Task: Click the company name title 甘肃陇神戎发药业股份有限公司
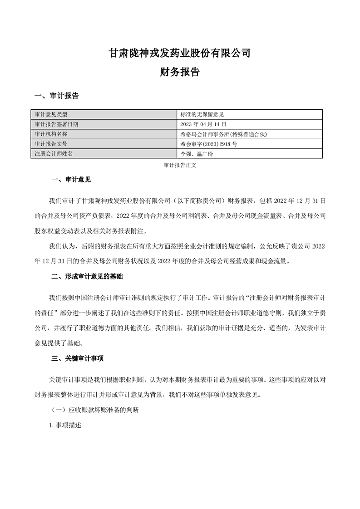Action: click(x=180, y=53)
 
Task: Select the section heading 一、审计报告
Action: click(x=57, y=96)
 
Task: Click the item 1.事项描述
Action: click(x=65, y=426)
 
